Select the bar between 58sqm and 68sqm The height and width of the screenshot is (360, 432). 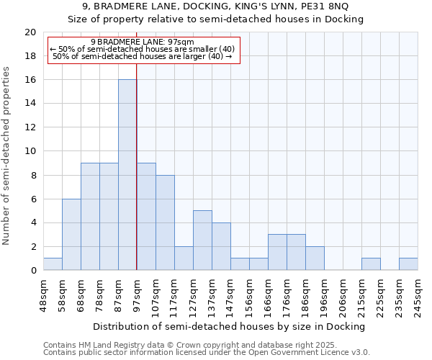(71, 235)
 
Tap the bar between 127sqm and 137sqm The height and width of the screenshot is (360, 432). (202, 240)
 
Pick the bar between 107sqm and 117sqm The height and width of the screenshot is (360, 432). (165, 222)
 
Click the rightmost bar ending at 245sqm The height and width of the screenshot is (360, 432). (408, 264)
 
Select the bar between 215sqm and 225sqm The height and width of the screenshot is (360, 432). (371, 264)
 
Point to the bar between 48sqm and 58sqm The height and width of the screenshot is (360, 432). (53, 264)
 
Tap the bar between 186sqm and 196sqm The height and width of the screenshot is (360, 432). (315, 258)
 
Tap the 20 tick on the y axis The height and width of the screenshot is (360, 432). (30, 32)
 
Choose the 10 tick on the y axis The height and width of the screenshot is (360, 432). (30, 151)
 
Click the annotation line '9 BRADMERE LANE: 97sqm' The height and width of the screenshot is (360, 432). (143, 42)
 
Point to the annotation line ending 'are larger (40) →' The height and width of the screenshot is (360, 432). (143, 56)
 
